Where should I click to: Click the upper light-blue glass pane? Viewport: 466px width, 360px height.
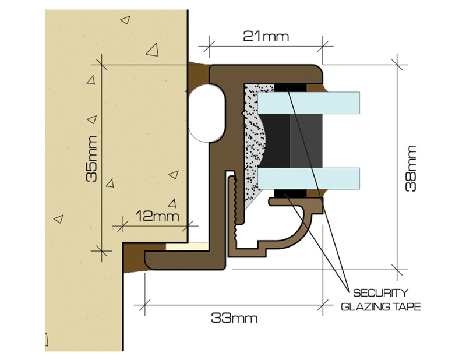point(309,103)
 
